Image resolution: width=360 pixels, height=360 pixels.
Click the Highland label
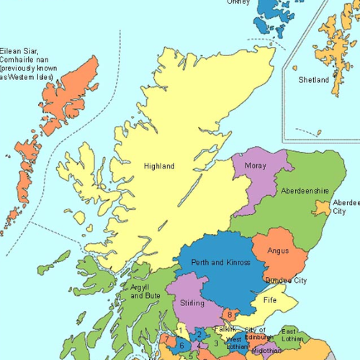[x=159, y=166]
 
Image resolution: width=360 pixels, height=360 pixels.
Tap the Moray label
[x=255, y=166]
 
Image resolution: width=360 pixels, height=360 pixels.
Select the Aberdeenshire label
[x=305, y=191]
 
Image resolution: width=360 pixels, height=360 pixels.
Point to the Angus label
[x=278, y=251]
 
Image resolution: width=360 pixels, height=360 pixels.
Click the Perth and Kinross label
[x=221, y=263]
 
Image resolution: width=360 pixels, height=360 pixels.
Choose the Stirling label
[x=192, y=302]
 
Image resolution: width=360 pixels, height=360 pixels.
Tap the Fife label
[x=270, y=300]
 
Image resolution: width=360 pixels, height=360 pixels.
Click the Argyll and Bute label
[x=144, y=292]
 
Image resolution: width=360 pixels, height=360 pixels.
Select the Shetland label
[x=314, y=80]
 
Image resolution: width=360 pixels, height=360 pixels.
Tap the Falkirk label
[x=225, y=329]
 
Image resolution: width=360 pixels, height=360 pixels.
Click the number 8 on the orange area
[x=229, y=314]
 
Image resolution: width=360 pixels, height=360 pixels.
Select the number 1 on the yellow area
[x=180, y=330]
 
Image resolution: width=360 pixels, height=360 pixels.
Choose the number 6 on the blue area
[x=182, y=346]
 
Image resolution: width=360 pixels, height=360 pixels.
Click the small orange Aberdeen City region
[x=320, y=209]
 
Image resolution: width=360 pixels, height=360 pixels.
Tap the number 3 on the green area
[x=215, y=343]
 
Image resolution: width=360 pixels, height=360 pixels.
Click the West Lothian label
[x=234, y=343]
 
